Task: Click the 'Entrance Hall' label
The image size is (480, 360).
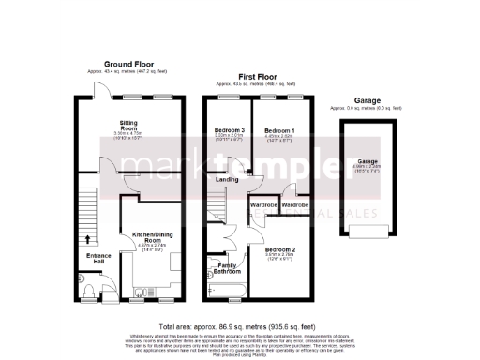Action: pos(98,259)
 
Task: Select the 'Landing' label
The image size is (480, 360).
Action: pos(227,179)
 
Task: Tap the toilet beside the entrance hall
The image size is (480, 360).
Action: pos(84,279)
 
